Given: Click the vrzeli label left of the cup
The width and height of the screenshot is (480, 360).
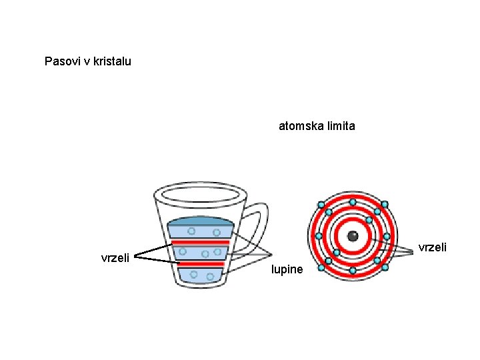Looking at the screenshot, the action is point(115,257).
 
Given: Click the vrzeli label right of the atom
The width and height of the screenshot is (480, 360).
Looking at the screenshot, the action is point(433,247).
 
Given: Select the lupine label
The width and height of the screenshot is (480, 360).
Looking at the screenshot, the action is point(287,270).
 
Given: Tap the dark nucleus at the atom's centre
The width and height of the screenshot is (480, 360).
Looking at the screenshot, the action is point(353,236).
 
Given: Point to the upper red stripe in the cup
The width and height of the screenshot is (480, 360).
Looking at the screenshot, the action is point(200,241).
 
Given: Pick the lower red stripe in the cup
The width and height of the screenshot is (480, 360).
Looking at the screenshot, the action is point(200,264).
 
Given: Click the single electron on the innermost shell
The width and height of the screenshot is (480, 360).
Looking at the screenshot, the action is point(368,220).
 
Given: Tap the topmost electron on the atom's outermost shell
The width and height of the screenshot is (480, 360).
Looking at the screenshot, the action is point(353,202).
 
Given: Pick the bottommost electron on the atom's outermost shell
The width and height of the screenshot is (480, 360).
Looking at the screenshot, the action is point(353,270).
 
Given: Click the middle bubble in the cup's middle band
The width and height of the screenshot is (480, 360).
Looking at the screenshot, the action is point(205,253).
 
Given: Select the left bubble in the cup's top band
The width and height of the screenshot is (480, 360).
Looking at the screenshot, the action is point(191,231).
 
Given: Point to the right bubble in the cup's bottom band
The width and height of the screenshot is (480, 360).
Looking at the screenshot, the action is point(210,276).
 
